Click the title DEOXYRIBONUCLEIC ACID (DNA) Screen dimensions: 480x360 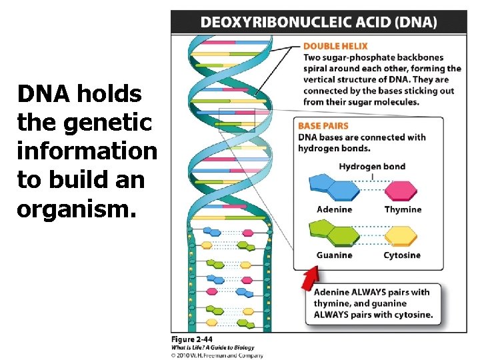[319, 22]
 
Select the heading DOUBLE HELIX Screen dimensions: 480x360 [331, 46]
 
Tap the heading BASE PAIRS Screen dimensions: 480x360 [323, 125]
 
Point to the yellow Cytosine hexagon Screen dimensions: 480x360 [400, 235]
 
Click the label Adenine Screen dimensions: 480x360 [334, 209]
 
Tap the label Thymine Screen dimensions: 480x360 [403, 209]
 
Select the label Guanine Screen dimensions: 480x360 [334, 255]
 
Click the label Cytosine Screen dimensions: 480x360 [402, 255]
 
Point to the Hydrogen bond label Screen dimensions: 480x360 [372, 166]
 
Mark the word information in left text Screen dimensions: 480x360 [87, 151]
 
